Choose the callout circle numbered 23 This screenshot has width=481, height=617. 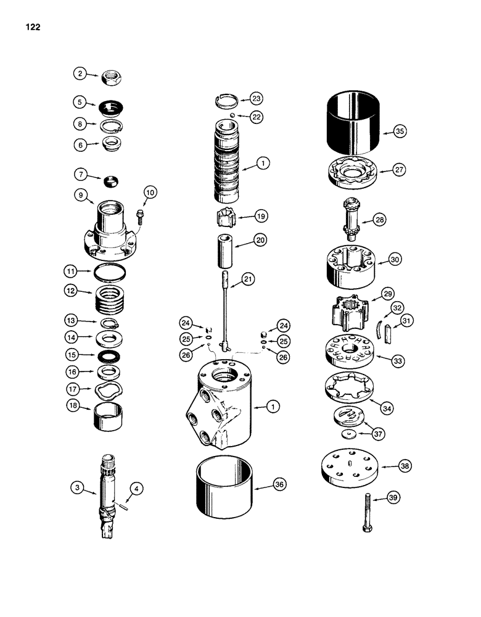[255, 98]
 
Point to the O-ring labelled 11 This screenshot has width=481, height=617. [110, 272]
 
